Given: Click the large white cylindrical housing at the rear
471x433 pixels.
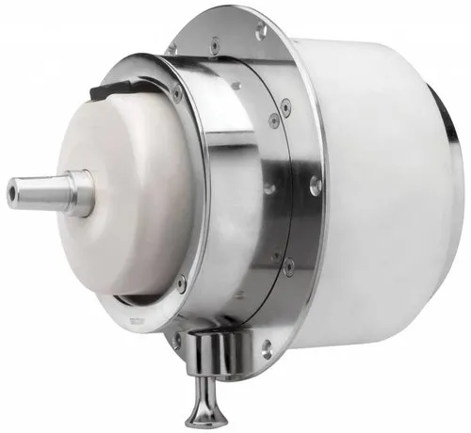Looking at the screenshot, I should coord(377,188).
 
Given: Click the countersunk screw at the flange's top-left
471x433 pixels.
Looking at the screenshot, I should coord(172,47).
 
